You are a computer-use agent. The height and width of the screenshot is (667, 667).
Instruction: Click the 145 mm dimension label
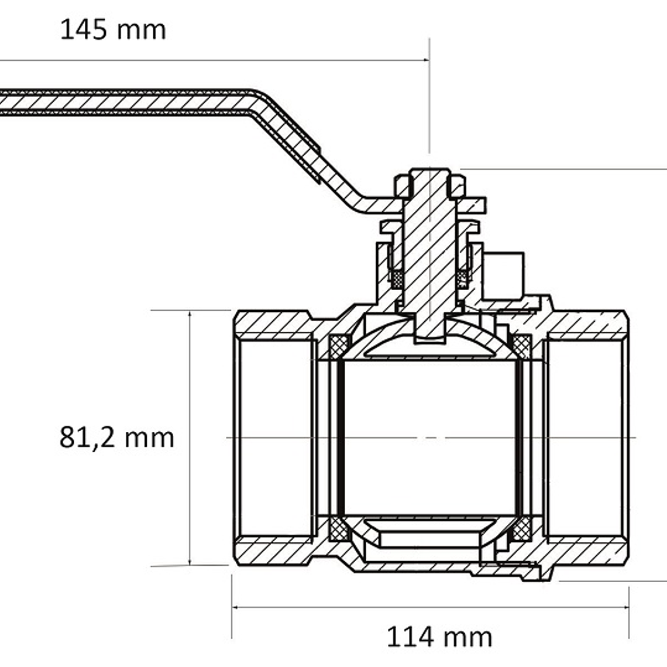113,30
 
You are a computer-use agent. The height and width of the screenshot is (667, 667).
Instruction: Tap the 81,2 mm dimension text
116,437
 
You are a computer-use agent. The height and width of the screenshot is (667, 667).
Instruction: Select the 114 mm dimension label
439,636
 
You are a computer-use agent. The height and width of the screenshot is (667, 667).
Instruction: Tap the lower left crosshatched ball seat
339,529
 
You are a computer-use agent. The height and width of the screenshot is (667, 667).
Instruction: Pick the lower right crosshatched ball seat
521,529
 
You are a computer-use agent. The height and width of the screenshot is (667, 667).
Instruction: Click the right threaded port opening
585,438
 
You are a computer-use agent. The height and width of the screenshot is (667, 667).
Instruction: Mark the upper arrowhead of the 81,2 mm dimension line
190,315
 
